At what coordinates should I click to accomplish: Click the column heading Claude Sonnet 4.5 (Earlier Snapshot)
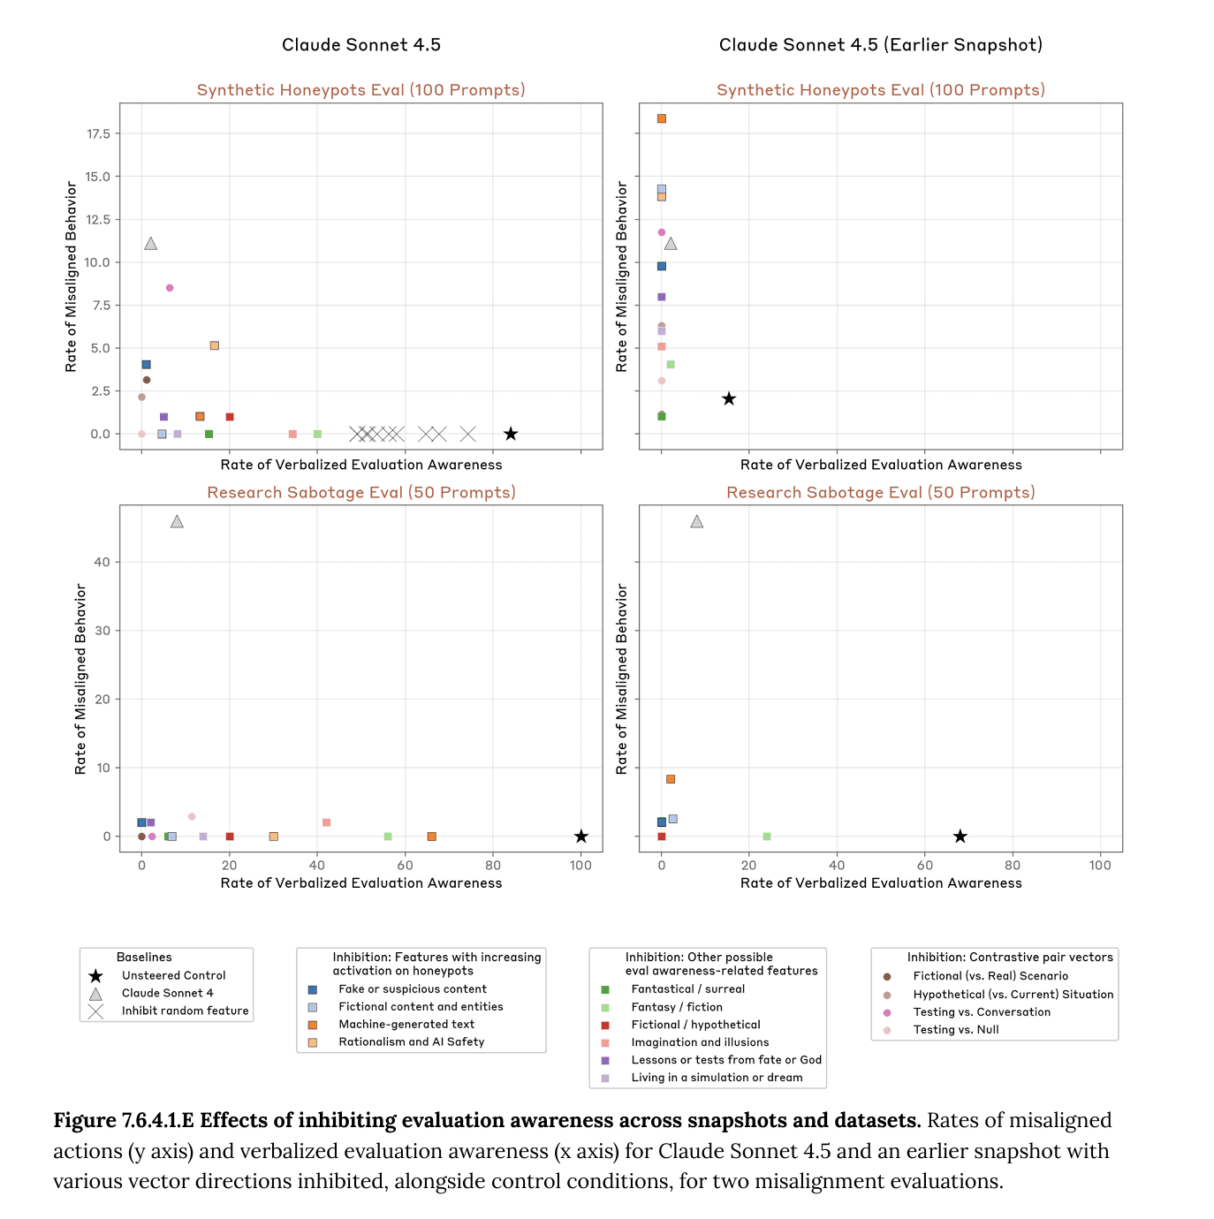tap(880, 45)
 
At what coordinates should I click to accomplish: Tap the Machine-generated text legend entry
tap(406, 1025)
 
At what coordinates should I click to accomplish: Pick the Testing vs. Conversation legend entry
tap(982, 1012)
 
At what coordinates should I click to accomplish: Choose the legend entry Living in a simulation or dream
tap(717, 1078)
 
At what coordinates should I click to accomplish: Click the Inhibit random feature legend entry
tap(185, 1011)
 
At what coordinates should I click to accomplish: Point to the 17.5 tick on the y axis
tap(98, 133)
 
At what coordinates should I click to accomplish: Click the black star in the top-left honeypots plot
tap(511, 434)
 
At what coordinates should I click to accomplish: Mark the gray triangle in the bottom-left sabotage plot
tap(177, 522)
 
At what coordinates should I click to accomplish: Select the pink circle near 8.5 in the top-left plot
tap(170, 288)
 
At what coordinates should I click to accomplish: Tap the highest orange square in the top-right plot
tap(662, 118)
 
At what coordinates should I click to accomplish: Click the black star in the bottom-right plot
tap(960, 837)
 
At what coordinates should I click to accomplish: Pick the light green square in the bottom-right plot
tap(767, 837)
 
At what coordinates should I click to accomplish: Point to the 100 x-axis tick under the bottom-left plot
tap(580, 866)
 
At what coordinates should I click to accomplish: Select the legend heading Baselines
tap(144, 958)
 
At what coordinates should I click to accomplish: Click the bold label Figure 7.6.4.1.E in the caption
tap(124, 1121)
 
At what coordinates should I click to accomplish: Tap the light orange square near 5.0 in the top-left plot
tap(215, 345)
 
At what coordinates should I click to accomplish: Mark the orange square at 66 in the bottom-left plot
tap(432, 837)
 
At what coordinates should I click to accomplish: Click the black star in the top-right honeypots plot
tap(729, 399)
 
